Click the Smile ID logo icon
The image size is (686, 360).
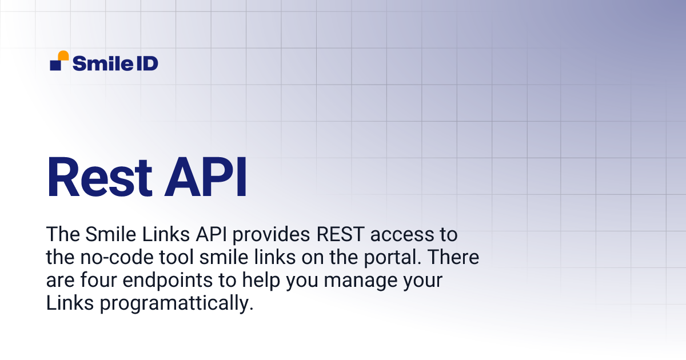[x=59, y=61]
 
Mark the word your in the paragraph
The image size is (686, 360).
[x=423, y=281]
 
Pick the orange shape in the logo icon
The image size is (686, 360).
[x=63, y=55]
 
